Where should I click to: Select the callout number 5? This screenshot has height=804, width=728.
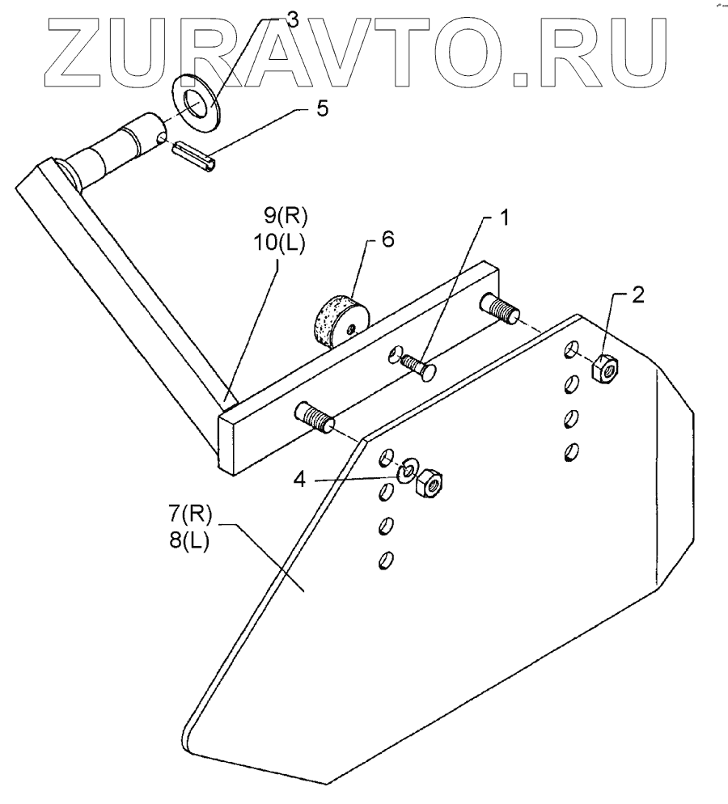322,109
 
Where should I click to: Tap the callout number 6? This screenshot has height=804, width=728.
387,241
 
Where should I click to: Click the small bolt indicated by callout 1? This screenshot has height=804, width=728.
417,363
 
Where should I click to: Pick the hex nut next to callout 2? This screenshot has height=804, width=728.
605,368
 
